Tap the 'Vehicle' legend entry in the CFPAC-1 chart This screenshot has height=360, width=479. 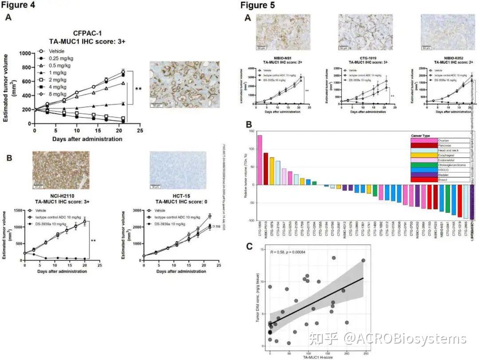point(56,51)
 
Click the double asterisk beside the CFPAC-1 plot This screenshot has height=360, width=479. point(138,90)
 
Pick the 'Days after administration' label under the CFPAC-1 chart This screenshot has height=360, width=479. point(87,139)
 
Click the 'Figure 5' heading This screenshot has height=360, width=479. point(257,5)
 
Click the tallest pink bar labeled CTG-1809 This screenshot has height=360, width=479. point(259,160)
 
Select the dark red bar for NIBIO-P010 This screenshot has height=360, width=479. point(266,169)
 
